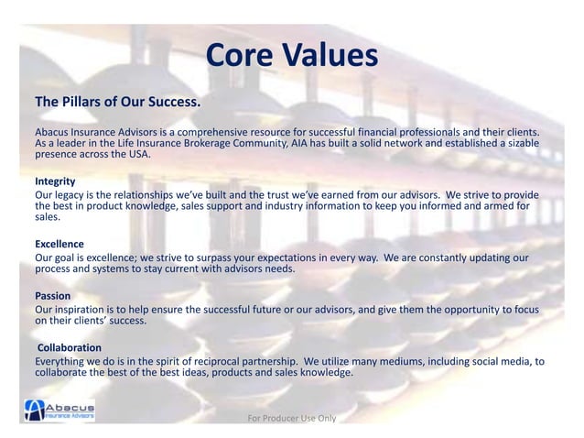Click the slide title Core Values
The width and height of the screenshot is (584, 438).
(x=291, y=56)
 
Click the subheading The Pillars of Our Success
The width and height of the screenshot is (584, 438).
(x=117, y=100)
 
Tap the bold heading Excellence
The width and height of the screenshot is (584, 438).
(x=59, y=245)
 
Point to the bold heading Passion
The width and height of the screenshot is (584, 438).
(x=53, y=296)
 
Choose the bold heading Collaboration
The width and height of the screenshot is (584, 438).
(x=70, y=348)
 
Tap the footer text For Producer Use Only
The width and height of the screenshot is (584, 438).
(x=292, y=419)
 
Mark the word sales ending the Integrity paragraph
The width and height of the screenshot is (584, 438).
(x=47, y=219)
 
